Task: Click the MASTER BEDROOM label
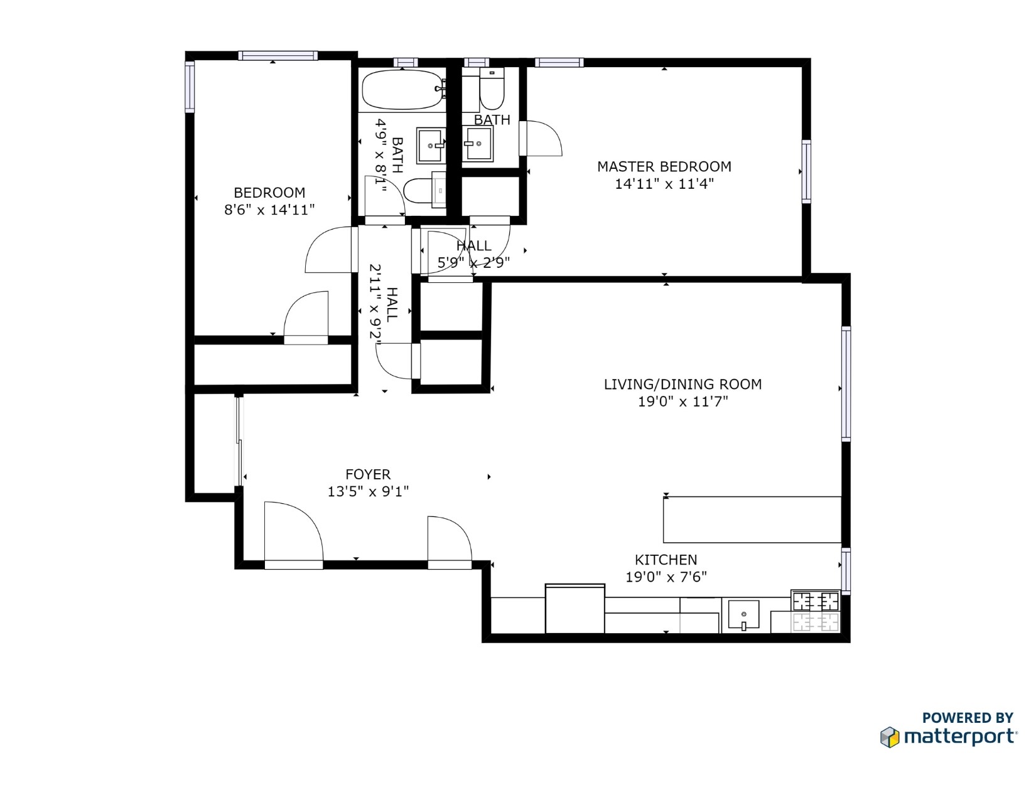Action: click(x=664, y=167)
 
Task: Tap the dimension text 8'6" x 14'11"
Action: click(x=269, y=210)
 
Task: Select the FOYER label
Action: click(x=367, y=474)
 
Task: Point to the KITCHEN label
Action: click(x=666, y=560)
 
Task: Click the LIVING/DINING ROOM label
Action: click(x=683, y=384)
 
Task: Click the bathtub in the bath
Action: click(x=402, y=90)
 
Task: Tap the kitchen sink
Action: click(x=743, y=615)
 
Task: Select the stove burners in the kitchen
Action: click(x=815, y=611)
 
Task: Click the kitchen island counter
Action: click(x=752, y=520)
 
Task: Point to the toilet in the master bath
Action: click(x=492, y=88)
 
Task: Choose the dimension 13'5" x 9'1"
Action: click(x=367, y=491)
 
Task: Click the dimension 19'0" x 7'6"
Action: click(x=666, y=577)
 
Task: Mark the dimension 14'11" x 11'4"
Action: click(x=664, y=184)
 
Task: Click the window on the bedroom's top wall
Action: click(x=278, y=56)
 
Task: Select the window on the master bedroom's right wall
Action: click(x=806, y=171)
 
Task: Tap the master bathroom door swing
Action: click(x=541, y=138)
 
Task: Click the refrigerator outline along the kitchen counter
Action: click(x=575, y=609)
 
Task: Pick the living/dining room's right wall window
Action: click(x=846, y=383)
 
